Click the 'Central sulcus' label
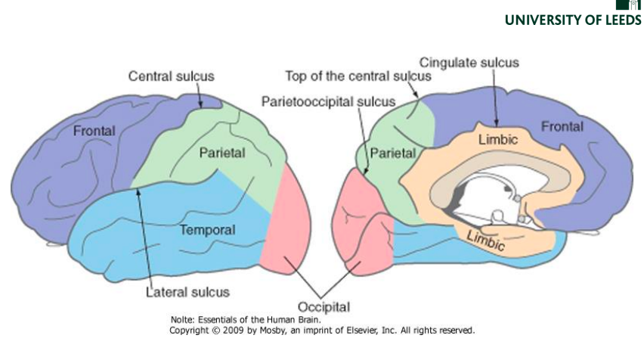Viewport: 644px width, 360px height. coord(171,76)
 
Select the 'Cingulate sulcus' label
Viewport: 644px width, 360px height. coord(469,63)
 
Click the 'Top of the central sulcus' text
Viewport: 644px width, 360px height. coord(358,76)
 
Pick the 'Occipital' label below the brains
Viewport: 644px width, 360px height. coord(324,307)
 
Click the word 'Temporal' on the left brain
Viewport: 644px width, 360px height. coord(207,229)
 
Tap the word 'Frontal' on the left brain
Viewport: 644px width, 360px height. coord(94,131)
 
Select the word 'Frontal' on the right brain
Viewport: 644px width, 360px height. coord(562,126)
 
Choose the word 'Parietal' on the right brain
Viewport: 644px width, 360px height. coord(393,153)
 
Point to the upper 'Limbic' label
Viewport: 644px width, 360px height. coord(497,140)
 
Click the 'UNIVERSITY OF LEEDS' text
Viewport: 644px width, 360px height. coord(573,20)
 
